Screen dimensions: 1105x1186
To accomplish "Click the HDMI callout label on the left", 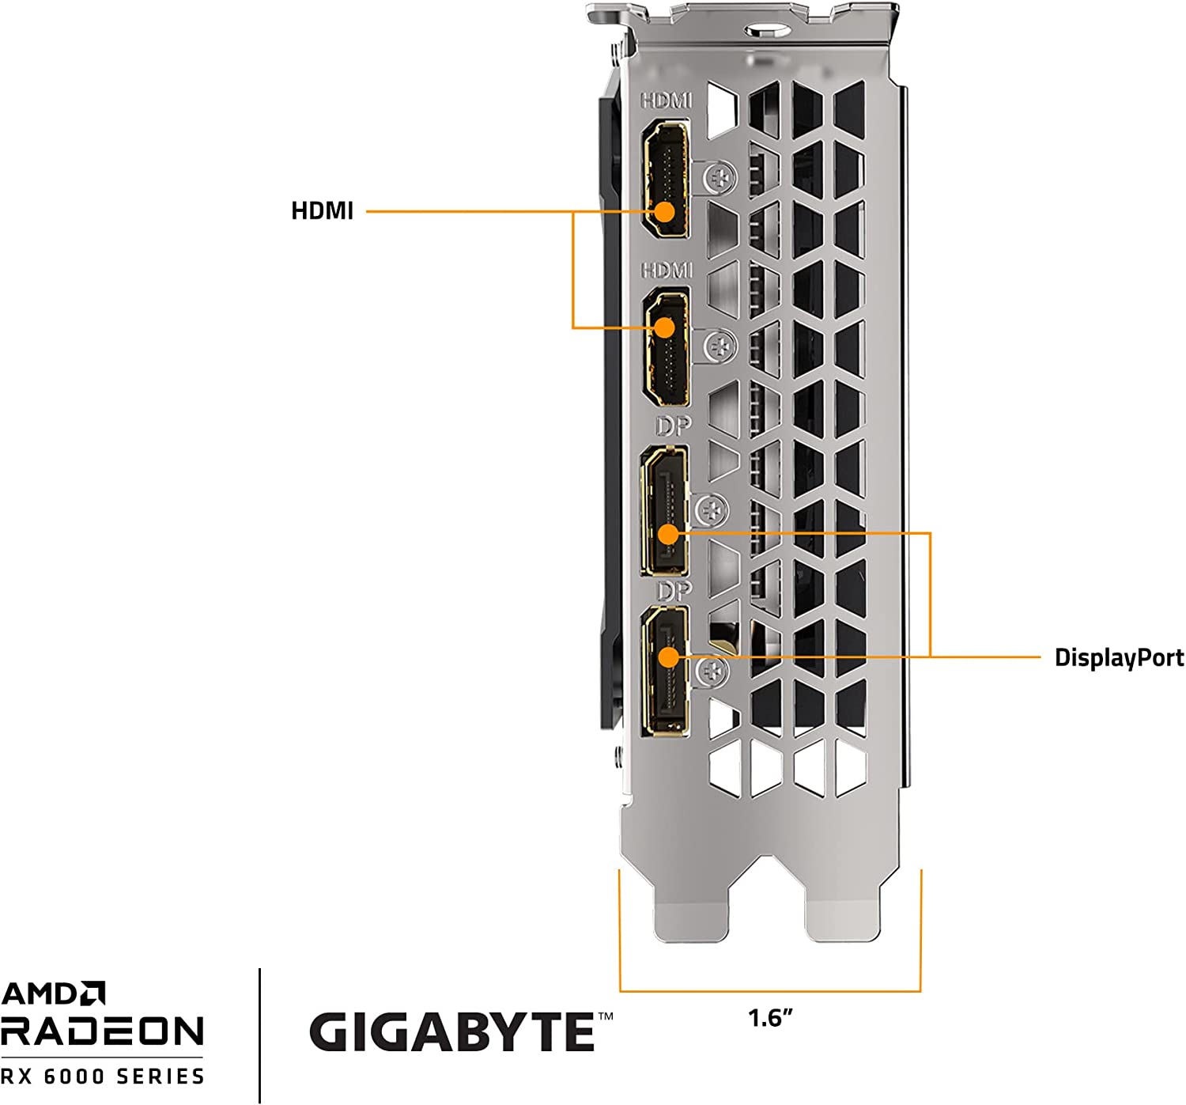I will (x=322, y=211).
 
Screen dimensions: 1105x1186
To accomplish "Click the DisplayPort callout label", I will (x=1118, y=657).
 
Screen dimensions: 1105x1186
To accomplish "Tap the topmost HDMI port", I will (x=664, y=180).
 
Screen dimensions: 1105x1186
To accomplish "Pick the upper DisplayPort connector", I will (x=665, y=510).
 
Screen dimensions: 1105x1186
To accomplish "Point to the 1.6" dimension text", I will (x=769, y=1017).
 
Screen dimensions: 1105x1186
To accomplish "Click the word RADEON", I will (x=102, y=1031).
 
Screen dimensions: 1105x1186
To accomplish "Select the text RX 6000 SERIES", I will (x=102, y=1077).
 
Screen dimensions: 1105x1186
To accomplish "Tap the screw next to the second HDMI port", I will (x=720, y=346).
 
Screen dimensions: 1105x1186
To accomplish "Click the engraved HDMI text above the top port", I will (x=666, y=100).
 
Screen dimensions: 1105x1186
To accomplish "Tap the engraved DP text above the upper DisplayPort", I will (x=673, y=426).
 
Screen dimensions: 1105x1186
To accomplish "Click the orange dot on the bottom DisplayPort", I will (x=669, y=657).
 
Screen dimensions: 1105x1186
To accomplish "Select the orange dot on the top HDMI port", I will (x=664, y=211).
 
